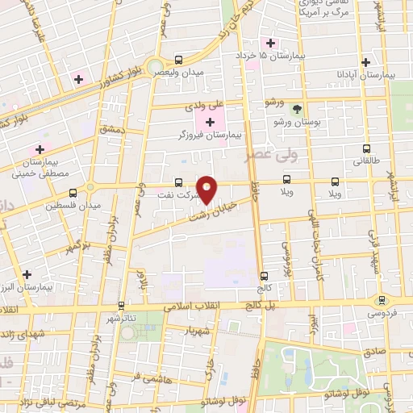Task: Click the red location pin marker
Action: pos(207,190)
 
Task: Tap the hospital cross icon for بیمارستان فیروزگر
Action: pos(211,122)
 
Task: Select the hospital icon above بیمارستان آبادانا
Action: pos(365,61)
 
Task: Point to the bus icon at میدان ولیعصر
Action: pos(177,60)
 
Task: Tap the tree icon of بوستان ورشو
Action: pos(297,107)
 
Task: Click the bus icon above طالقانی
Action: pos(367,148)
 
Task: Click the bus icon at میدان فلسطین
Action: pos(73,193)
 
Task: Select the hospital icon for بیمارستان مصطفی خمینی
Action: pos(39,149)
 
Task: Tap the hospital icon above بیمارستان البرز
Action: pos(27,274)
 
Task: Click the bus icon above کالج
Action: pos(264,275)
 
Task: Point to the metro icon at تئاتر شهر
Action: pos(121,305)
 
